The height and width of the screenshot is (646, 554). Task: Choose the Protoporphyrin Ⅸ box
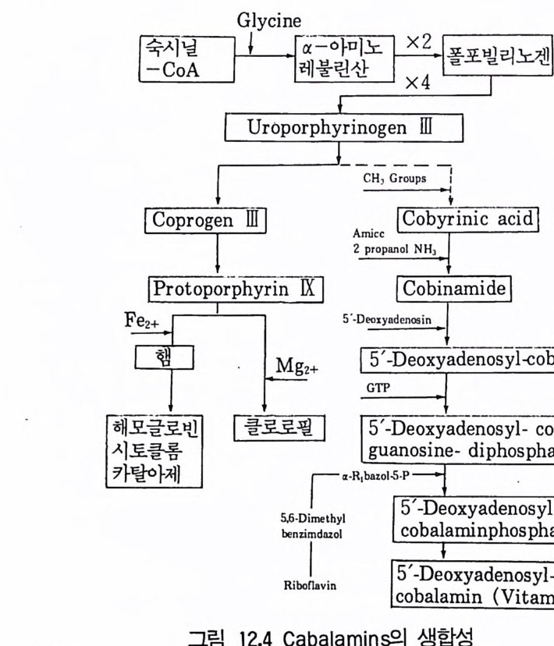pyautogui.click(x=236, y=288)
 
